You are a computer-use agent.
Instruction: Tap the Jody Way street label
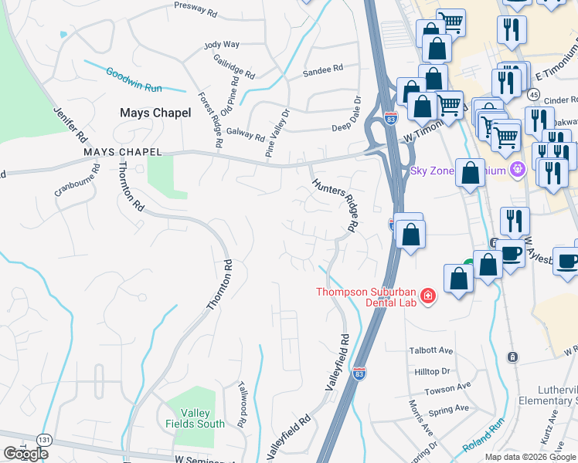[x=222, y=46]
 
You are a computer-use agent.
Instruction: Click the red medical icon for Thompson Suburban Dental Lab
[x=427, y=296]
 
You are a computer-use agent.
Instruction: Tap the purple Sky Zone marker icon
[x=518, y=168]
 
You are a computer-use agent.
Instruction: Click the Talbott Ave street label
[x=430, y=350]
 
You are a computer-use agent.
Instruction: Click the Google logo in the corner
[x=25, y=454]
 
